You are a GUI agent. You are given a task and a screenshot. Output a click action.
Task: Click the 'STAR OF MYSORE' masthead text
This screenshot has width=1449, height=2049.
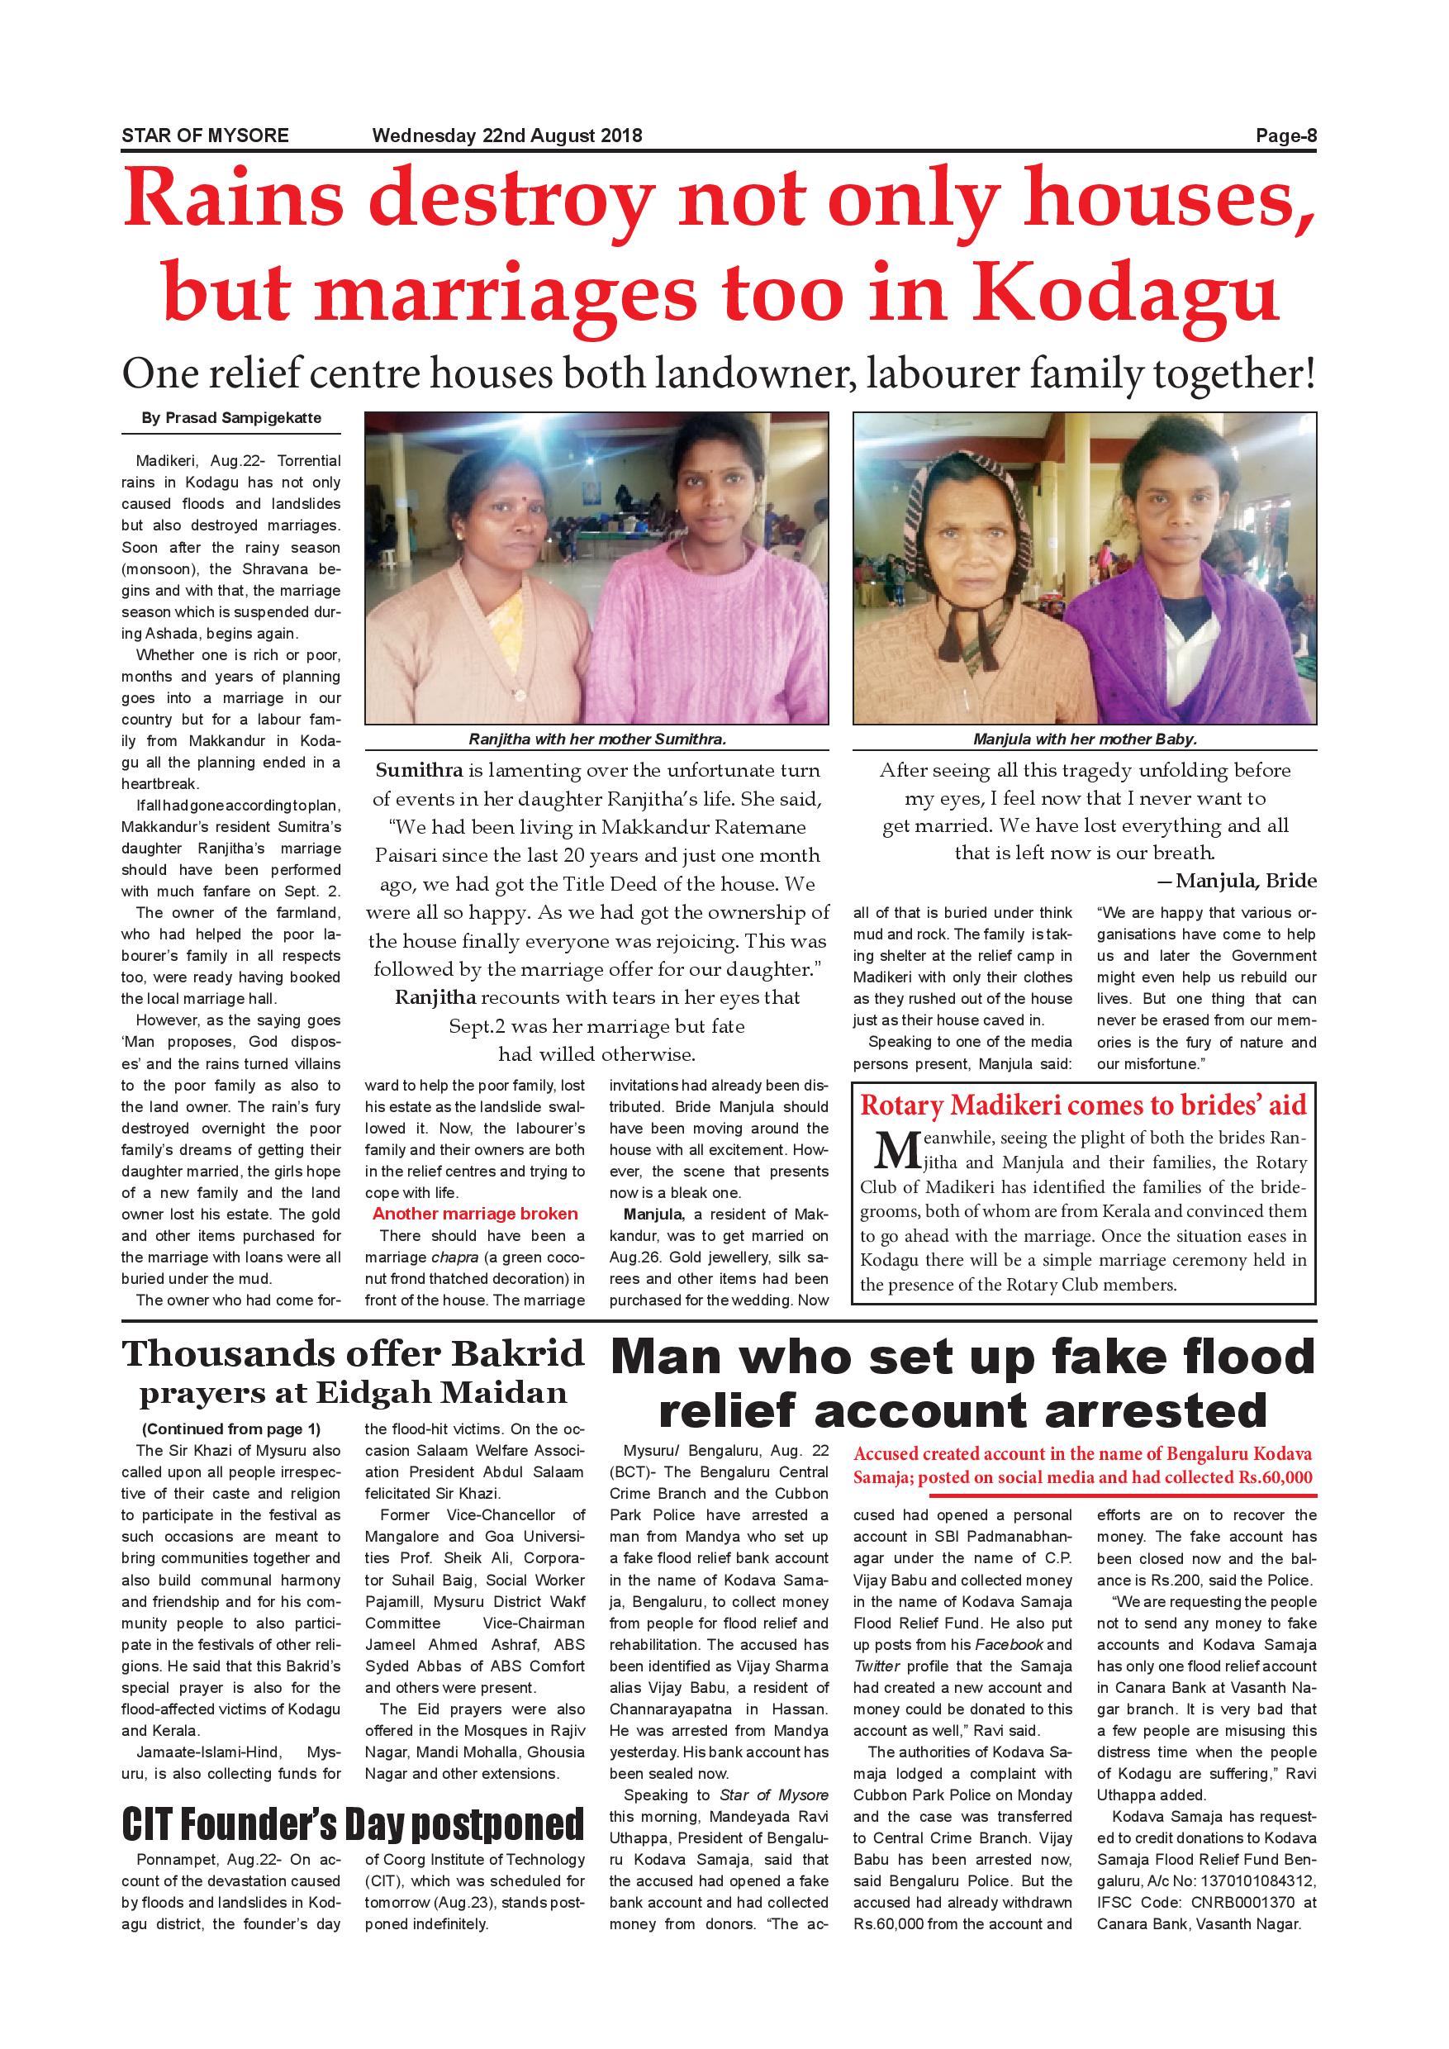click(x=205, y=135)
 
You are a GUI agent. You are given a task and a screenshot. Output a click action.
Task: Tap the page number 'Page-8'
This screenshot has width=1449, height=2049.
click(x=1285, y=135)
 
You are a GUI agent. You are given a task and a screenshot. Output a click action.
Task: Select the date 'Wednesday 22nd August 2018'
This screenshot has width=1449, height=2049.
click(x=506, y=135)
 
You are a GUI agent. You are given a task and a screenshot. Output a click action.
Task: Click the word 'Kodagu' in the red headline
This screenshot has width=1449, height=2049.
click(x=1127, y=292)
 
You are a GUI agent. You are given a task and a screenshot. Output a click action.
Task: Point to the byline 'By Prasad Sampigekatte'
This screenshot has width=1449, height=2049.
click(x=231, y=418)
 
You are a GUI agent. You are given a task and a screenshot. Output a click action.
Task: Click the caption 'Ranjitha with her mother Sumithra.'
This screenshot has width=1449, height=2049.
click(x=597, y=739)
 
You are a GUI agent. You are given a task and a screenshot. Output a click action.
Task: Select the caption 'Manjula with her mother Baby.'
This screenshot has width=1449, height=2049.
click(x=1084, y=739)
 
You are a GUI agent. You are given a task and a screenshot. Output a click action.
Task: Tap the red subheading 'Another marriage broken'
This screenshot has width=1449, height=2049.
click(x=475, y=1214)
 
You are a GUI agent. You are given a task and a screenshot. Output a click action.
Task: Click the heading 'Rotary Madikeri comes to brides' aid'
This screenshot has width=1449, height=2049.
click(x=1083, y=1105)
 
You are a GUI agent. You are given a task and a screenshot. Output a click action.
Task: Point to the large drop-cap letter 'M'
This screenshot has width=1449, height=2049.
click(x=895, y=1150)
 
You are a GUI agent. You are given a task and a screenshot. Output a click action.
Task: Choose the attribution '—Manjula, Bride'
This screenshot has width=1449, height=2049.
click(x=1236, y=881)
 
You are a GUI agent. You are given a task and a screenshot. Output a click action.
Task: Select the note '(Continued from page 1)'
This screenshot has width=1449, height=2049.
click(x=231, y=1429)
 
